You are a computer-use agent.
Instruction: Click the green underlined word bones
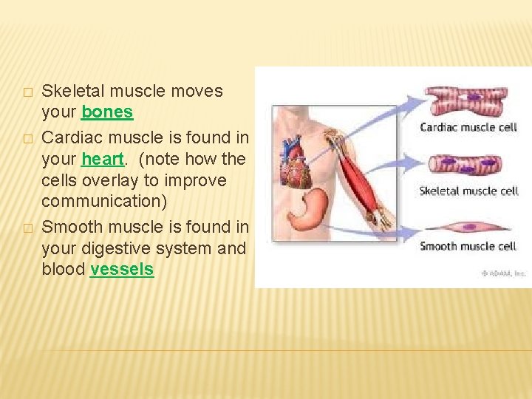point(107,112)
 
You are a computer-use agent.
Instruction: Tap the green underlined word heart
point(103,159)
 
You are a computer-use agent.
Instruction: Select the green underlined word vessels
point(122,270)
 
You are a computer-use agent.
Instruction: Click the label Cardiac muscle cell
point(468,127)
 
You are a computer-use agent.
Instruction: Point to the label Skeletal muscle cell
point(469,191)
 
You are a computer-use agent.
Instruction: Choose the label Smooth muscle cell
point(468,246)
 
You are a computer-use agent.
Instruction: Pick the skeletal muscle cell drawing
point(468,164)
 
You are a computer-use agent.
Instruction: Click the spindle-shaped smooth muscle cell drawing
point(465,225)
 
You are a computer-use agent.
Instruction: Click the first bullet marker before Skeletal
point(27,92)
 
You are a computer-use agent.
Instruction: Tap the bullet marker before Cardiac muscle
point(27,138)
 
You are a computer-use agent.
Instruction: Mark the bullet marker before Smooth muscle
point(27,228)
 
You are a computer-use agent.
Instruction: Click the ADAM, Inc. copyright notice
point(503,273)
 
